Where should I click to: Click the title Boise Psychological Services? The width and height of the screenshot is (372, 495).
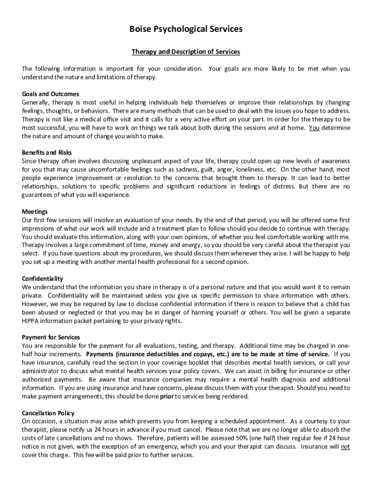click(x=186, y=29)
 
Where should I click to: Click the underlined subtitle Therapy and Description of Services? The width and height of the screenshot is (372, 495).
click(x=186, y=52)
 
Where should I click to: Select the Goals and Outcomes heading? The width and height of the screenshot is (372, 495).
click(x=50, y=94)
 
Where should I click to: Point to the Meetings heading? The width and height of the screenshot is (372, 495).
click(x=35, y=211)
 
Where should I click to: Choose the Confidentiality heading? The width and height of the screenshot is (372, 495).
click(x=43, y=278)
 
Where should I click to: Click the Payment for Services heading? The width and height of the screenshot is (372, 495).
click(x=51, y=337)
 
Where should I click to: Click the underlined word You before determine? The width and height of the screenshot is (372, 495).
click(x=314, y=128)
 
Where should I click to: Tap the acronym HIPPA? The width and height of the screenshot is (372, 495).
click(x=31, y=321)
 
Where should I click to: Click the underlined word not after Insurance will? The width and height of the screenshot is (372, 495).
click(x=345, y=447)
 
